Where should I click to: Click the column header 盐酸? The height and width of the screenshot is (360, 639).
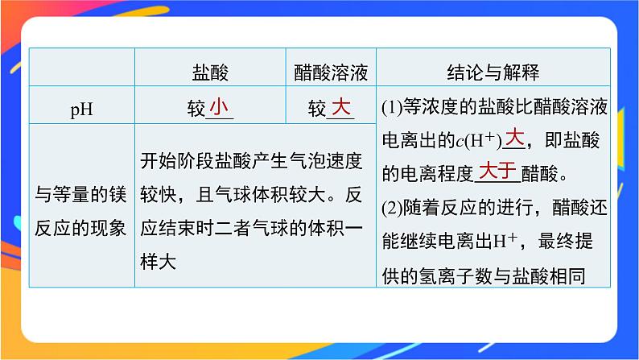[x=210, y=73]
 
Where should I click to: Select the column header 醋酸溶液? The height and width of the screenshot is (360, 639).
[x=331, y=73]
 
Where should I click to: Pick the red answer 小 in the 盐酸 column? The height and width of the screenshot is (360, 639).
[x=220, y=107]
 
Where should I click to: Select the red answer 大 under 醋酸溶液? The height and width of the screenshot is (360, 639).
[x=341, y=107]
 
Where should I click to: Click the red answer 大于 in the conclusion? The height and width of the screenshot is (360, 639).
[x=496, y=171]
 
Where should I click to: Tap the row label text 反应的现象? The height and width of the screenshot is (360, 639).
[x=81, y=228]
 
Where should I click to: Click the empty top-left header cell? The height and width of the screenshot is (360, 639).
[x=81, y=73]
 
